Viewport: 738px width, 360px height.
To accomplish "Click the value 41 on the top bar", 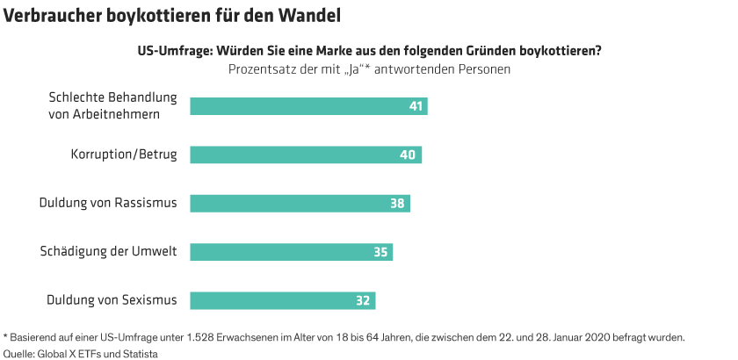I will [x=416, y=107].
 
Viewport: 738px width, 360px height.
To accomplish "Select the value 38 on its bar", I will [x=398, y=204].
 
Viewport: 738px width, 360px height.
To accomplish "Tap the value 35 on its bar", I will [x=381, y=252].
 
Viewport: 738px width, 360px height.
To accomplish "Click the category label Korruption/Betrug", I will [x=124, y=155].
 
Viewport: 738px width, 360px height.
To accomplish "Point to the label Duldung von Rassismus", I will [x=108, y=204].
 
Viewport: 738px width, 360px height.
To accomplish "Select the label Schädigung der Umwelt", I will [x=109, y=252].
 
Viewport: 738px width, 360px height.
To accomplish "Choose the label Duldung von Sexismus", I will [x=112, y=300].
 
